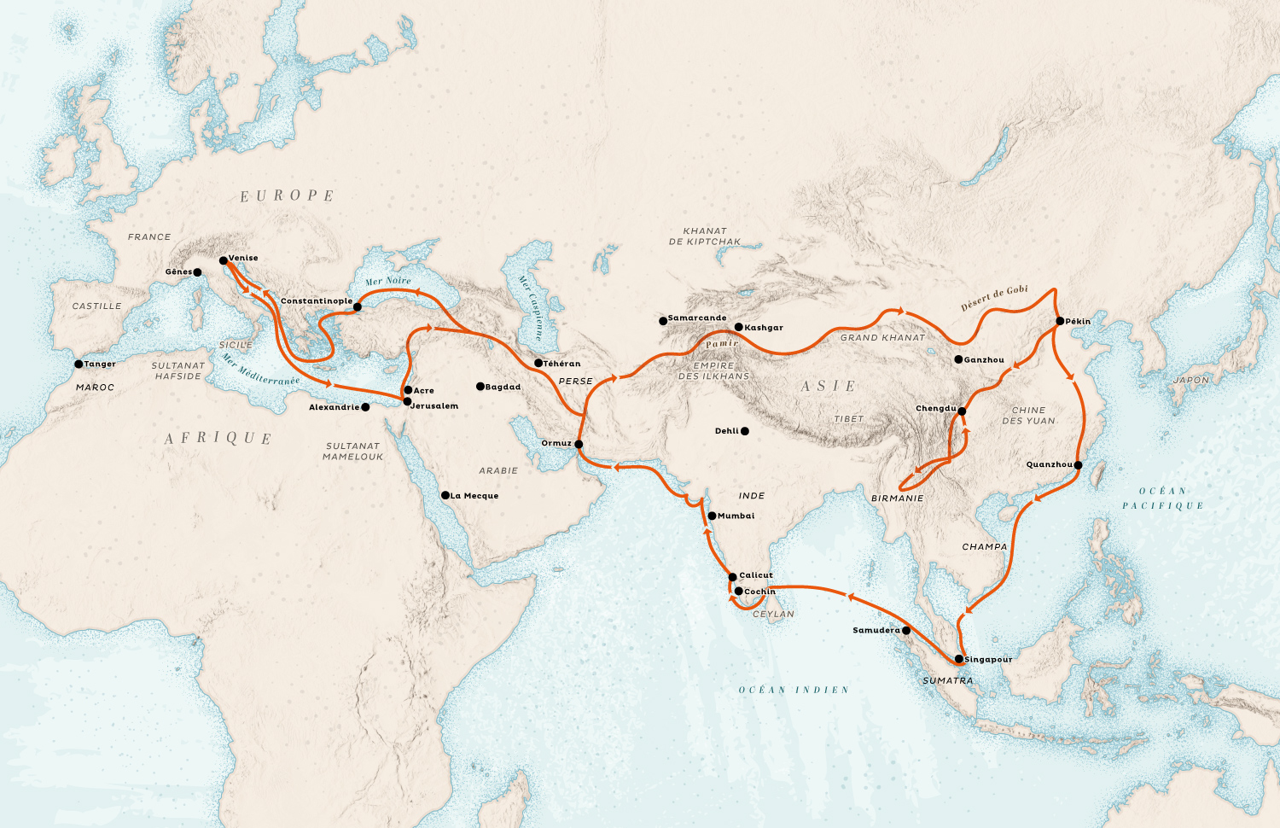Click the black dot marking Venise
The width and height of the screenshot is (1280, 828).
[x=224, y=260]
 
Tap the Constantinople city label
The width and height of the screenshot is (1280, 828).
[x=316, y=301]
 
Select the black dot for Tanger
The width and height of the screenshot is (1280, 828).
[x=79, y=364]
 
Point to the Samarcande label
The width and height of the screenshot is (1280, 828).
[x=697, y=318]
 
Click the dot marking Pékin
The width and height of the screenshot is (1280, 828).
[x=1060, y=322]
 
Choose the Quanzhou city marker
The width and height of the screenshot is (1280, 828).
[x=1078, y=465]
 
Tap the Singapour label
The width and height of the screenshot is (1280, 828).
[x=988, y=660]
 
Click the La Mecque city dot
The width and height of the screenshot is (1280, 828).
[x=445, y=495]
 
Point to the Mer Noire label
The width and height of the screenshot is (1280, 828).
[x=388, y=281]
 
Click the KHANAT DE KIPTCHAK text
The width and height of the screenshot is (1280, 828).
[x=705, y=236]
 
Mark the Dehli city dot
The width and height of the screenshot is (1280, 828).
[x=745, y=431]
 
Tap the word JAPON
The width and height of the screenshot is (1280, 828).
[x=1190, y=381]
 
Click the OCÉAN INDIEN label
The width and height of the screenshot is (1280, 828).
[x=794, y=690]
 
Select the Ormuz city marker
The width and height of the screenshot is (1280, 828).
[x=579, y=444]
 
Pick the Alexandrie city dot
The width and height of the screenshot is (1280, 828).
[x=365, y=407]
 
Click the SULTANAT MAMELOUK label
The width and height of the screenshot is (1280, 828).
[x=352, y=452]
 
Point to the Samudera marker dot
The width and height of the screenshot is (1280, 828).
[x=906, y=631]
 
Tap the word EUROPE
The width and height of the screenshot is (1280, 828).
[x=287, y=196]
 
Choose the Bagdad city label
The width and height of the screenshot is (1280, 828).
[x=503, y=388]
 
